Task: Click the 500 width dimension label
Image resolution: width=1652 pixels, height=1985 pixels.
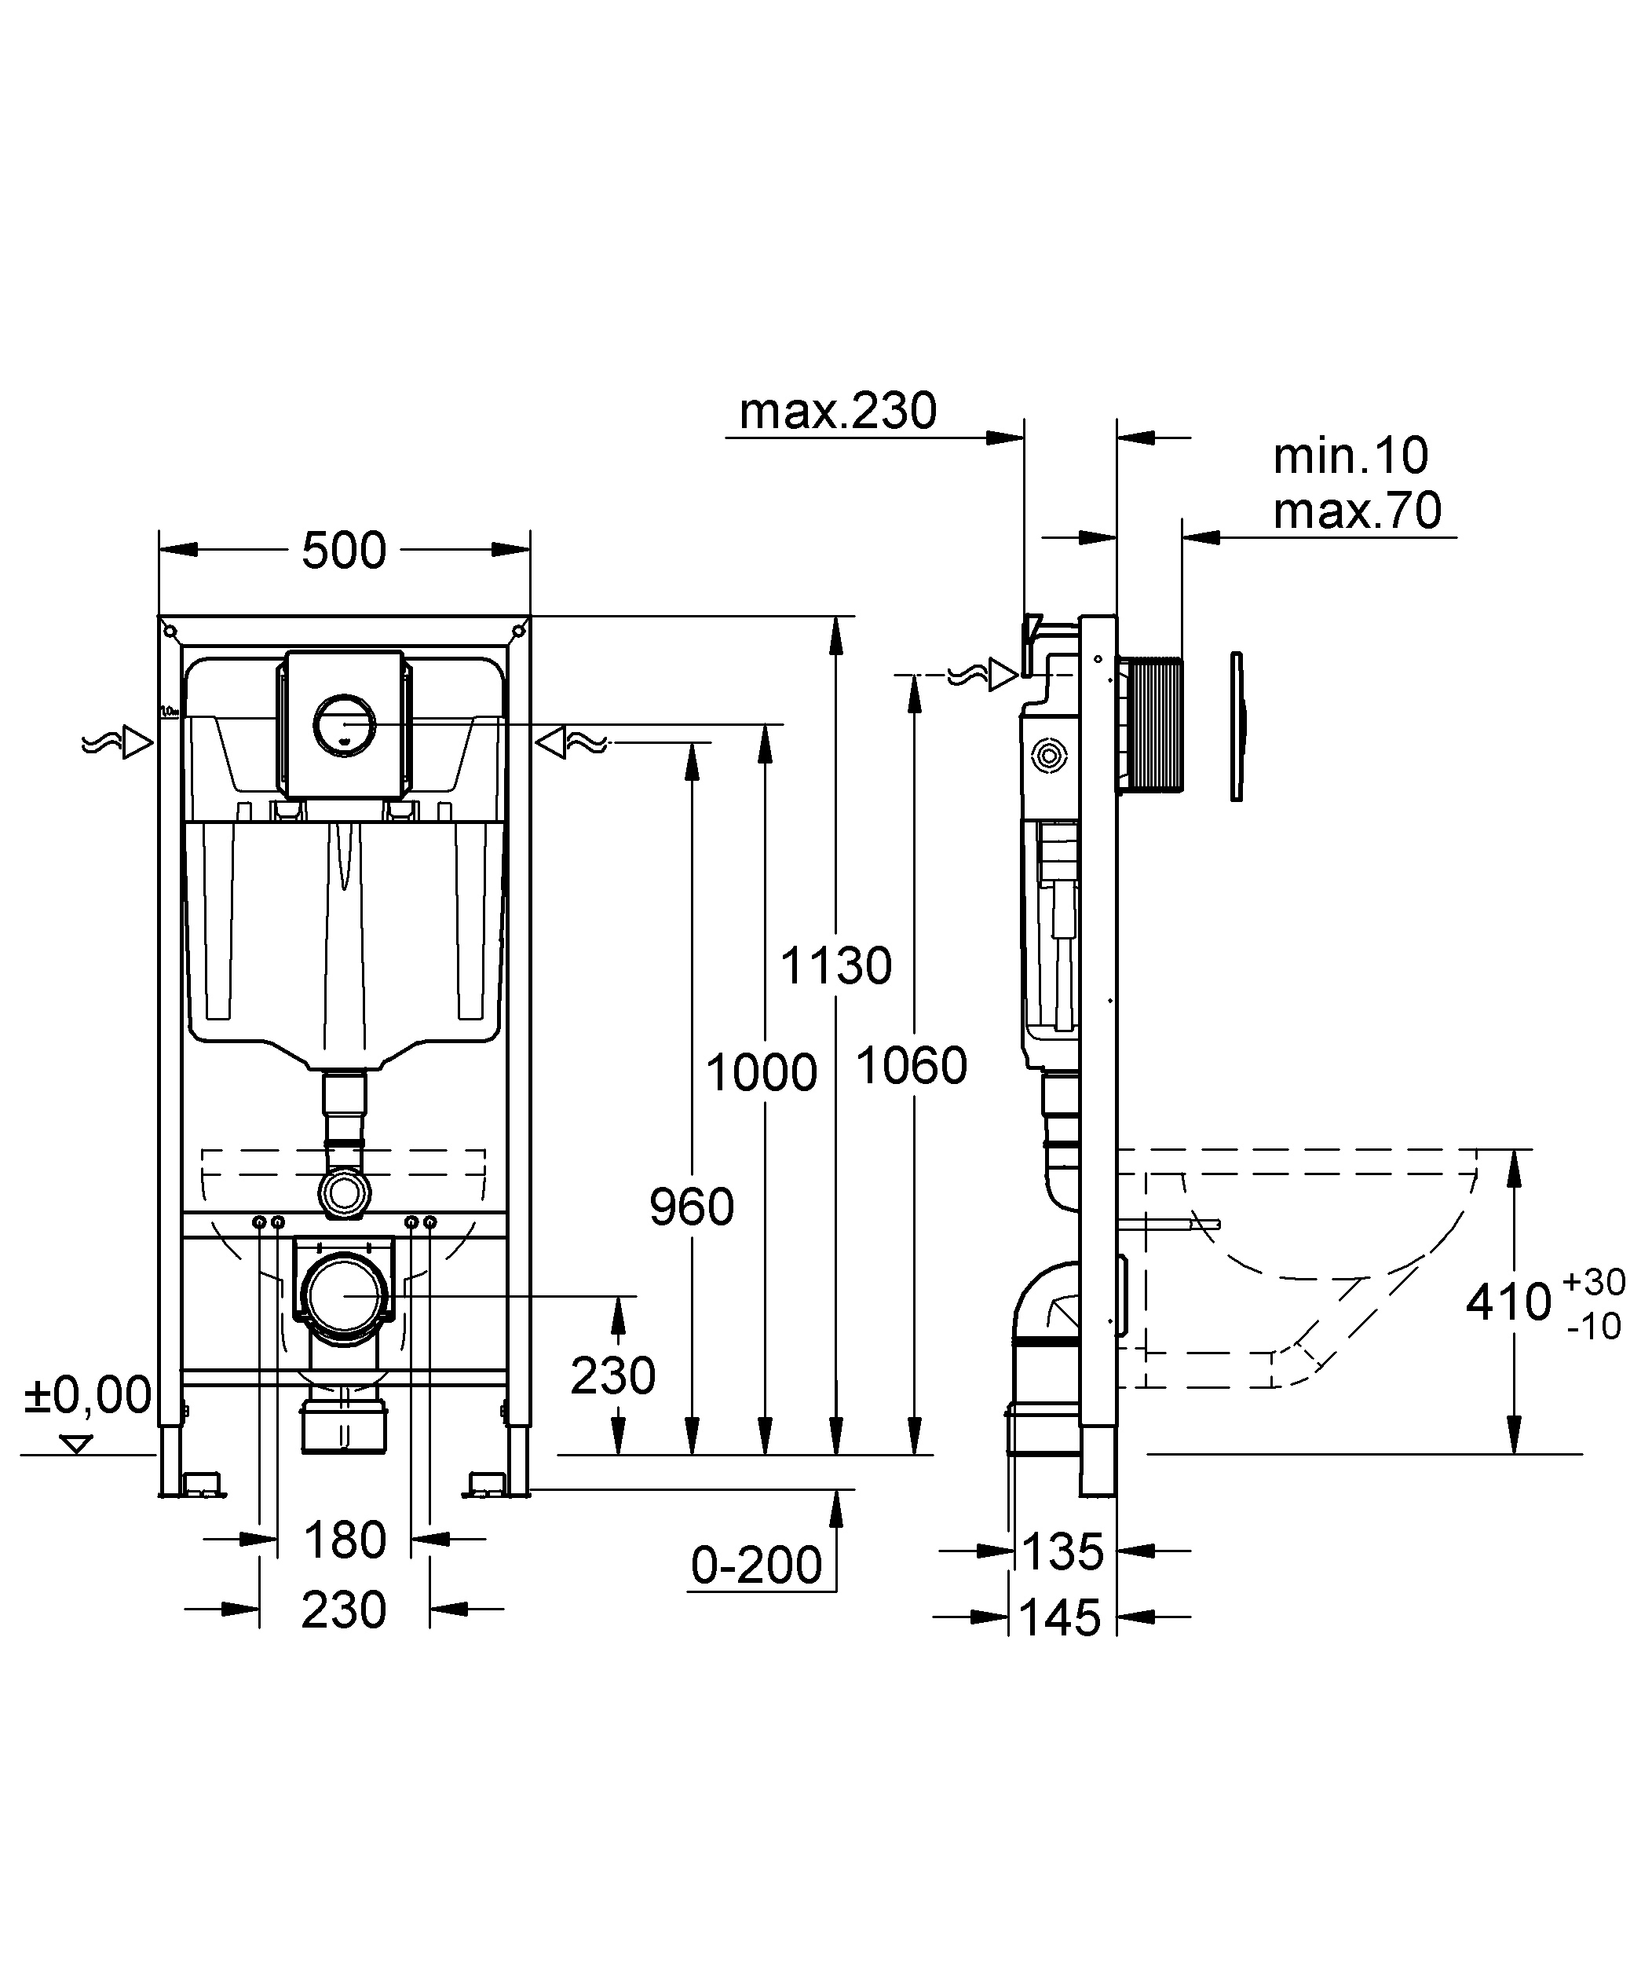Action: pyautogui.click(x=344, y=550)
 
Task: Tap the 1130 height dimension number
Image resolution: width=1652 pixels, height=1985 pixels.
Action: pyautogui.click(x=835, y=966)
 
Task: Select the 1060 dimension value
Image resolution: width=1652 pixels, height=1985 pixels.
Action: pyautogui.click(x=911, y=1065)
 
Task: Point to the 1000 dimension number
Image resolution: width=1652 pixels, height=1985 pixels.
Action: pyautogui.click(x=761, y=1073)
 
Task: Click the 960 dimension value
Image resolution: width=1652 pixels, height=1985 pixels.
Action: pyautogui.click(x=692, y=1207)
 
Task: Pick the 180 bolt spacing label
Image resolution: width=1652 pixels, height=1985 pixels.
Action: pyautogui.click(x=345, y=1540)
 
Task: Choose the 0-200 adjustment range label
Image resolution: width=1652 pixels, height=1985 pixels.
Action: pyautogui.click(x=756, y=1566)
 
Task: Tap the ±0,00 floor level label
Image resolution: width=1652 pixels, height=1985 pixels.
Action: pyautogui.click(x=88, y=1394)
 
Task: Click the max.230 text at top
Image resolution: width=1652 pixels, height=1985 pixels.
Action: pyautogui.click(x=837, y=411)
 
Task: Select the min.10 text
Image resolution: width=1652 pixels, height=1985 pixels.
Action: pyautogui.click(x=1350, y=456)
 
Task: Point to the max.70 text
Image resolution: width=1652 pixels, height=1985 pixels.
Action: pyautogui.click(x=1357, y=511)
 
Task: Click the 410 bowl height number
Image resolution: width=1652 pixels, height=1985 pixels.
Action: pyautogui.click(x=1508, y=1302)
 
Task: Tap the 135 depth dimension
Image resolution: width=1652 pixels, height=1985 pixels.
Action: pyautogui.click(x=1062, y=1551)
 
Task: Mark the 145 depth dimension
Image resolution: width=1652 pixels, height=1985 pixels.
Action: pyautogui.click(x=1061, y=1618)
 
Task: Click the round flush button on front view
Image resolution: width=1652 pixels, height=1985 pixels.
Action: pyautogui.click(x=345, y=723)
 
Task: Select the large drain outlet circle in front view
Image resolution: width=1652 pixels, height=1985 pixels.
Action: pyautogui.click(x=345, y=1296)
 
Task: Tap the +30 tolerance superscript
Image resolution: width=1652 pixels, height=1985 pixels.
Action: pyautogui.click(x=1595, y=1282)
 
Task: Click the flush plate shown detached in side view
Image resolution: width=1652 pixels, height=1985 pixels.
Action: pyautogui.click(x=1238, y=726)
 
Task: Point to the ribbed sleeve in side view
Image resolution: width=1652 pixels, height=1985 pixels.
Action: pyautogui.click(x=1150, y=723)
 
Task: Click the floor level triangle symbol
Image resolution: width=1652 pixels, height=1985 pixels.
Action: pyautogui.click(x=76, y=1443)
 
